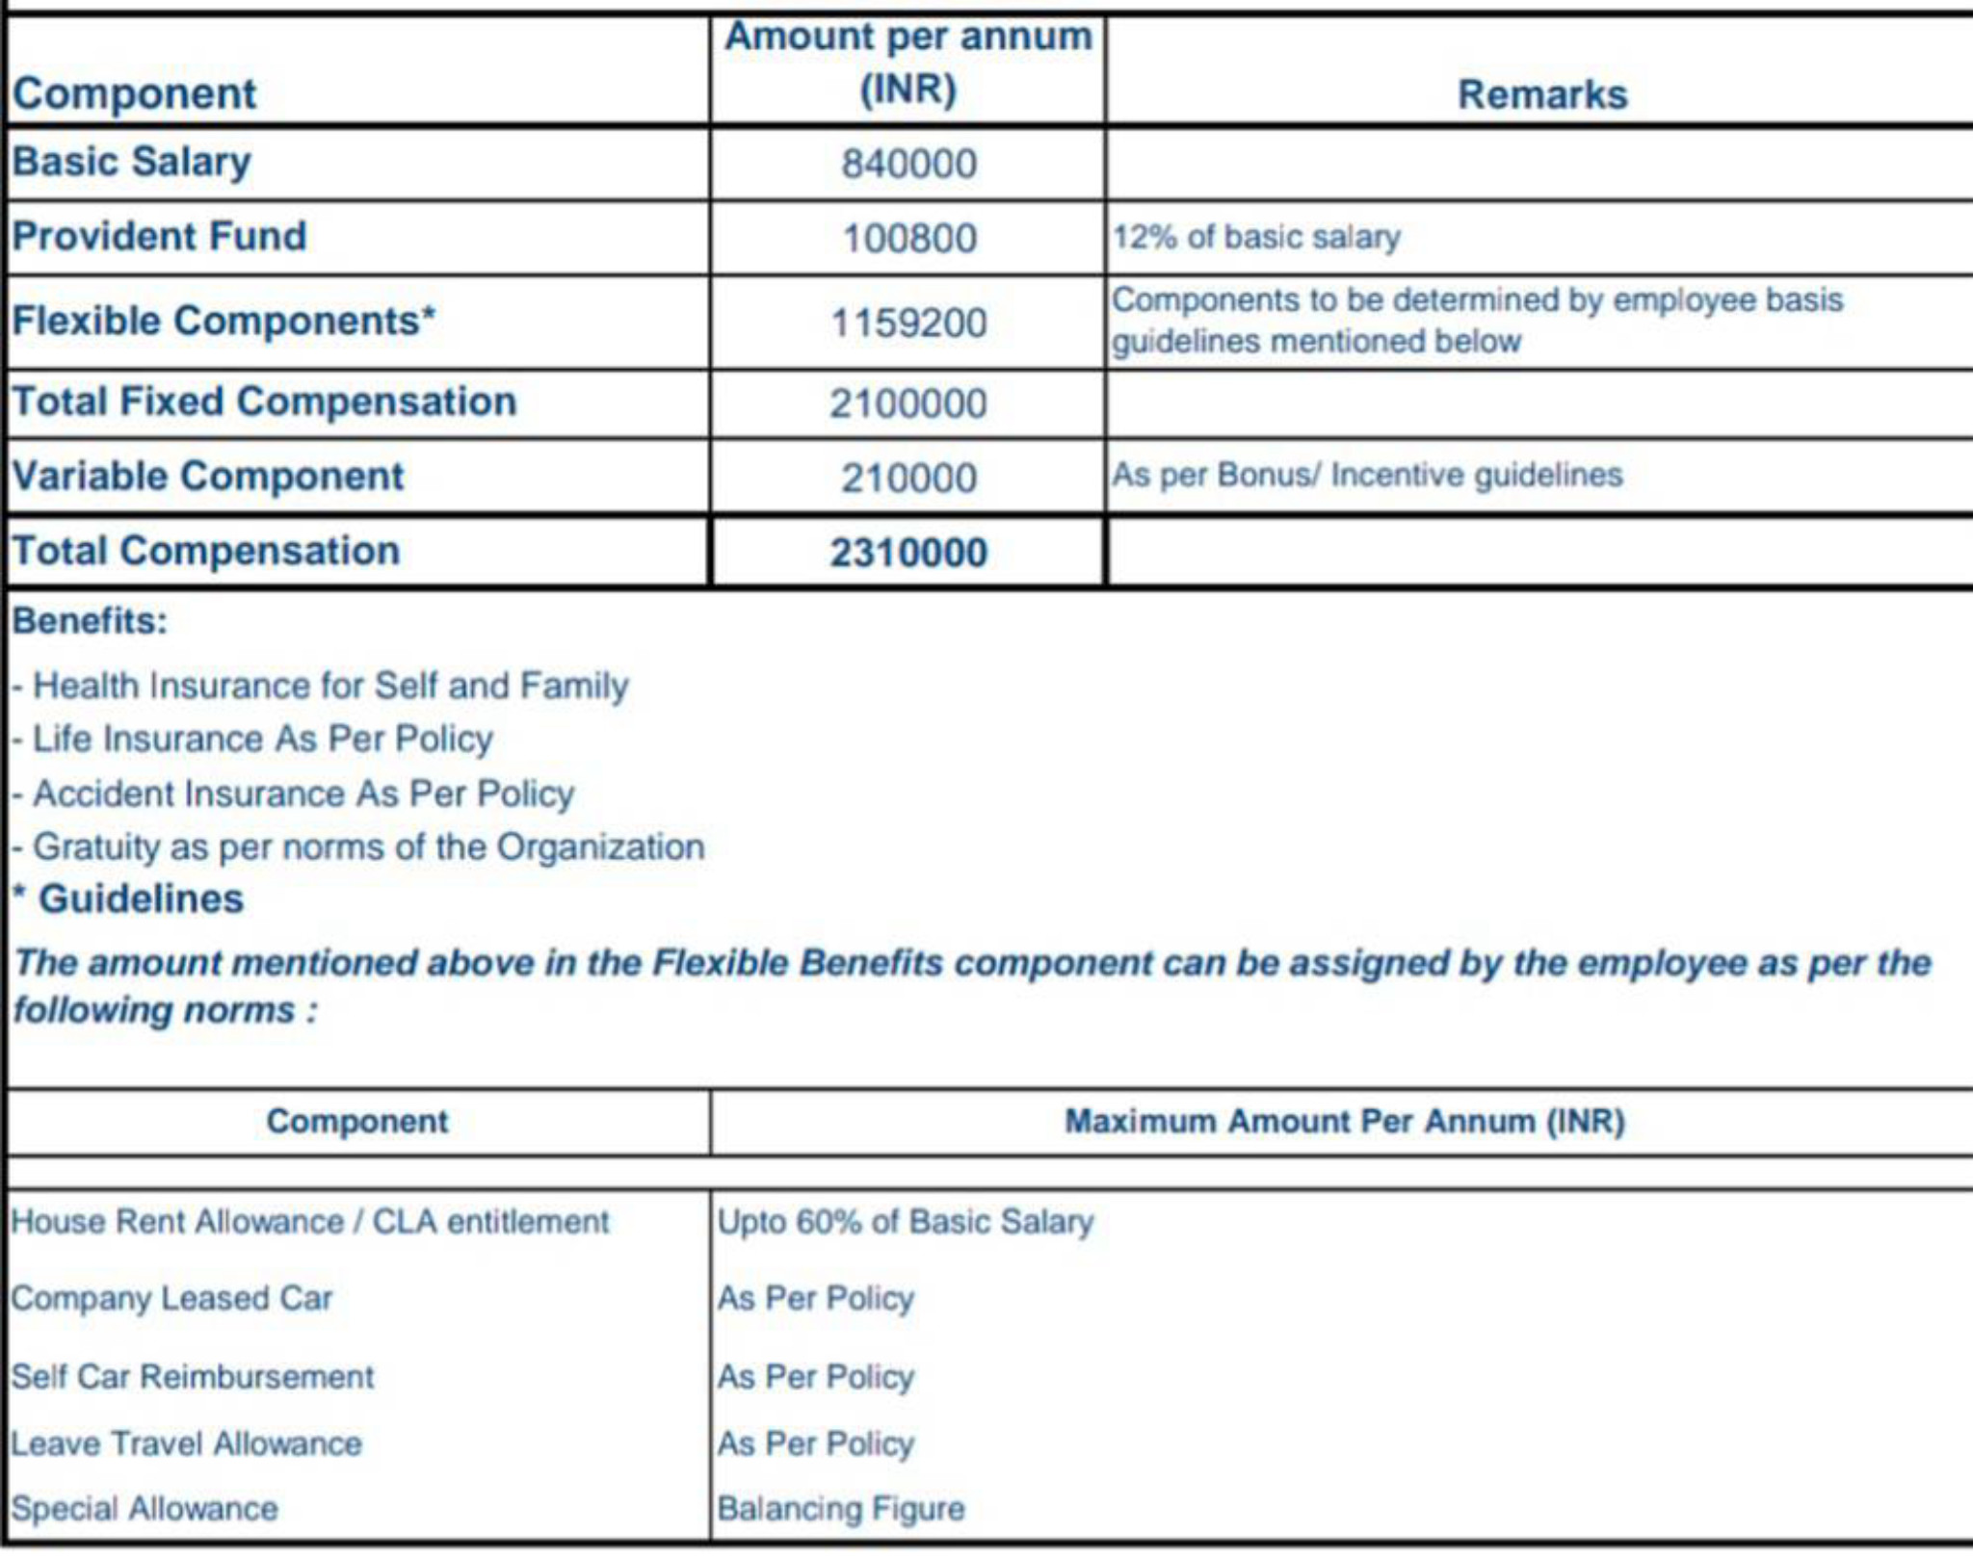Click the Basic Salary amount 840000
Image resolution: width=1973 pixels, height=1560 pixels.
pyautogui.click(x=908, y=164)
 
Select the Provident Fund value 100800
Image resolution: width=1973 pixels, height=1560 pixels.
pyautogui.click(x=908, y=239)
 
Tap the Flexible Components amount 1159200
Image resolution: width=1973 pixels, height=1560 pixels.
pyautogui.click(x=908, y=323)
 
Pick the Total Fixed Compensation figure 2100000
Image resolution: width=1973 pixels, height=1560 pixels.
pyautogui.click(x=908, y=403)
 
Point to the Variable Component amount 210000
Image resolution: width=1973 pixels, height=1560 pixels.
pyautogui.click(x=908, y=478)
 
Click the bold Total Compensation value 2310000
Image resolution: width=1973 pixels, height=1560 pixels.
pyautogui.click(x=908, y=553)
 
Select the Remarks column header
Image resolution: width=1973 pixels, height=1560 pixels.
pyautogui.click(x=1541, y=94)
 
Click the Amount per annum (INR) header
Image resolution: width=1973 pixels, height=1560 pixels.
pyautogui.click(x=908, y=64)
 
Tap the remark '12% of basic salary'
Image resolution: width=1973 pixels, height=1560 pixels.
pyautogui.click(x=1256, y=237)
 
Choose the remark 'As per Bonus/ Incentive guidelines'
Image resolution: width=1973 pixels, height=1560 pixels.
pyautogui.click(x=1367, y=475)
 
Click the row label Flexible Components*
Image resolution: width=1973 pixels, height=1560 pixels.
pyautogui.click(x=224, y=321)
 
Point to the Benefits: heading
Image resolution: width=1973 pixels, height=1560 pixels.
pyautogui.click(x=90, y=621)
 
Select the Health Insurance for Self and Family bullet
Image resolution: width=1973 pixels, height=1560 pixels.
pyautogui.click(x=329, y=686)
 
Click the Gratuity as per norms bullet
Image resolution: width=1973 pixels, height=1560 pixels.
pyautogui.click(x=368, y=847)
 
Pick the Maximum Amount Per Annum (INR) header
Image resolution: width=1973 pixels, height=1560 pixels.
pyautogui.click(x=1344, y=1122)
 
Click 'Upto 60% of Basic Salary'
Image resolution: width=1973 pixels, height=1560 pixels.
pyautogui.click(x=906, y=1222)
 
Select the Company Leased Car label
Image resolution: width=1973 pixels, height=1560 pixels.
pyautogui.click(x=171, y=1298)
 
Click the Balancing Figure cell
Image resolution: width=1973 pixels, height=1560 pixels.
pyautogui.click(x=840, y=1508)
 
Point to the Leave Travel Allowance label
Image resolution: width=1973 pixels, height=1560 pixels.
pyautogui.click(x=186, y=1443)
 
